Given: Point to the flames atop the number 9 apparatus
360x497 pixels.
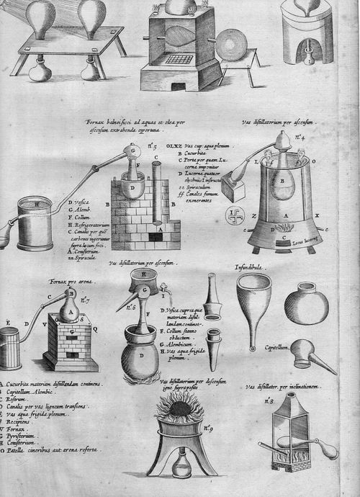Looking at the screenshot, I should (x=179, y=410).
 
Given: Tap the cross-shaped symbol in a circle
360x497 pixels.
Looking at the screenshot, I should (x=233, y=215).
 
